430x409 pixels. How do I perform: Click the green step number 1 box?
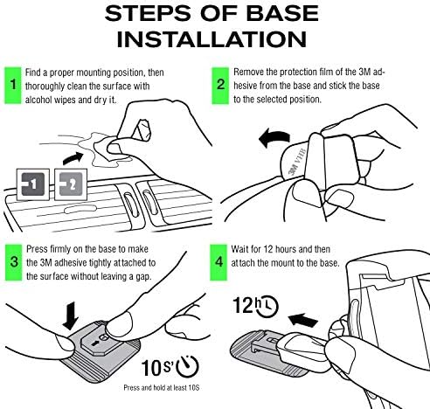[13, 86]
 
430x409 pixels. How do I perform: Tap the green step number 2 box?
[220, 86]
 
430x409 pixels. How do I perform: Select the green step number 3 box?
[14, 262]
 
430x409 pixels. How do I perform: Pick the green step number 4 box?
[218, 262]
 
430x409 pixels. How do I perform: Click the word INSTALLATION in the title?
[212, 39]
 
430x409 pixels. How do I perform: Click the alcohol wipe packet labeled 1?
[33, 184]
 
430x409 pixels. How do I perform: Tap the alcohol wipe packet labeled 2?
[71, 184]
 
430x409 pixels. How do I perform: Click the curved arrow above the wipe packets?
[73, 158]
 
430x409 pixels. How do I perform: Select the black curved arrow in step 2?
[274, 138]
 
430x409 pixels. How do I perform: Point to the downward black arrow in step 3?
[71, 316]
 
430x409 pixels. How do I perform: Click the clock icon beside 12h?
[267, 307]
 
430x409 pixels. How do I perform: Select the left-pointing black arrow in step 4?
[302, 321]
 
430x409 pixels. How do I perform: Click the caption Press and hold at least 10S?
[162, 388]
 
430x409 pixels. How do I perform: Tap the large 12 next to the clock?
[244, 306]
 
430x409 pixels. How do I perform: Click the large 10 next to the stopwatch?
[152, 368]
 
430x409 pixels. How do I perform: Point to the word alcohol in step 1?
[36, 100]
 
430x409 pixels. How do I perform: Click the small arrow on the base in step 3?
[95, 343]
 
